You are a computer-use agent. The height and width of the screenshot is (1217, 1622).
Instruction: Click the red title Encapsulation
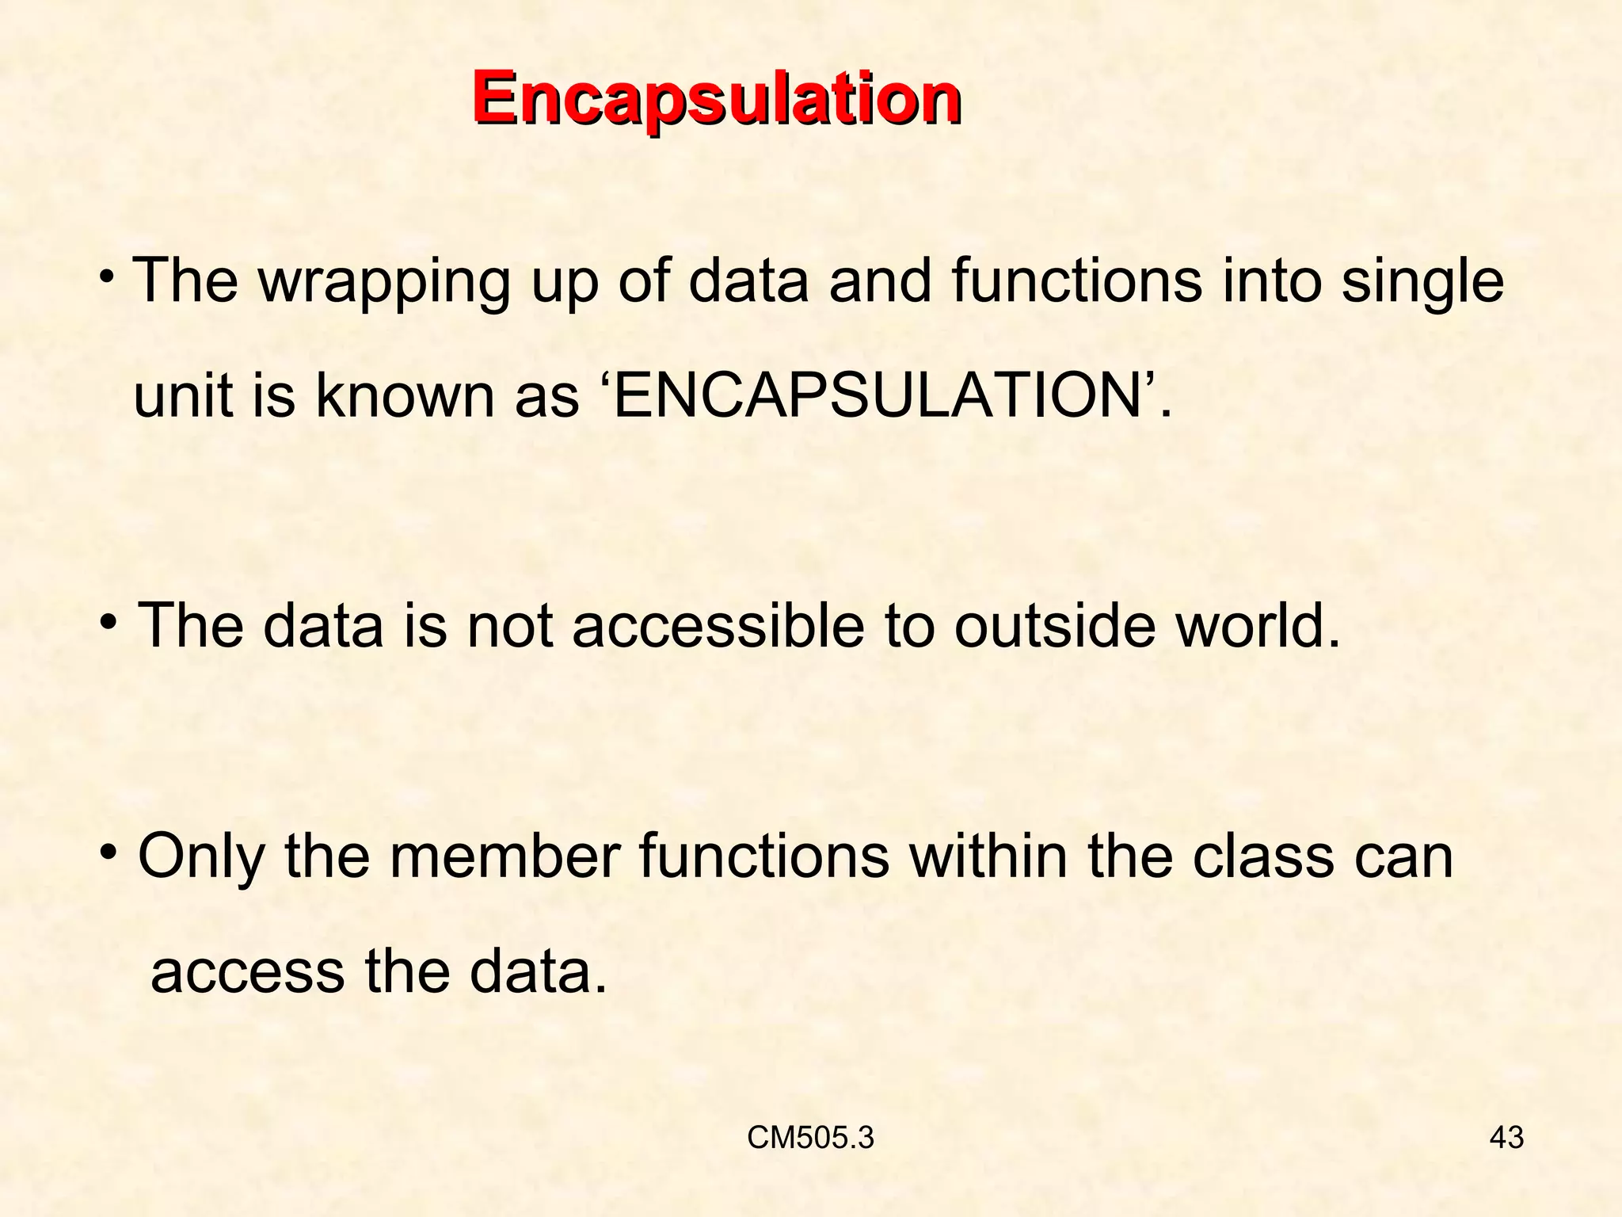point(717,101)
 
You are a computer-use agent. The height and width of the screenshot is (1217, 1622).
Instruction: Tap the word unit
point(184,395)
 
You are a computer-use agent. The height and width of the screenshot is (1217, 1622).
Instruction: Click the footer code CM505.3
point(810,1138)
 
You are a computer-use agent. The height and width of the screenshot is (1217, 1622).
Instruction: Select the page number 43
point(1506,1138)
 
